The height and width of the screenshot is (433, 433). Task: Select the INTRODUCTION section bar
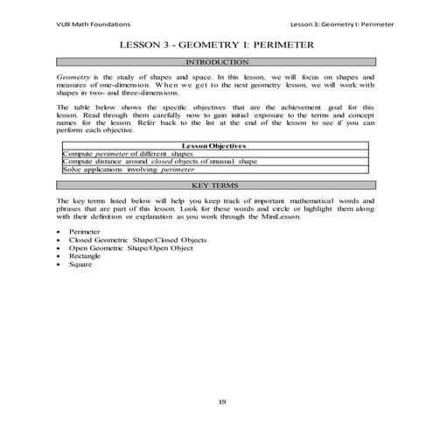click(216, 63)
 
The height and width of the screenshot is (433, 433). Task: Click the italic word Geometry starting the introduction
click(72, 78)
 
